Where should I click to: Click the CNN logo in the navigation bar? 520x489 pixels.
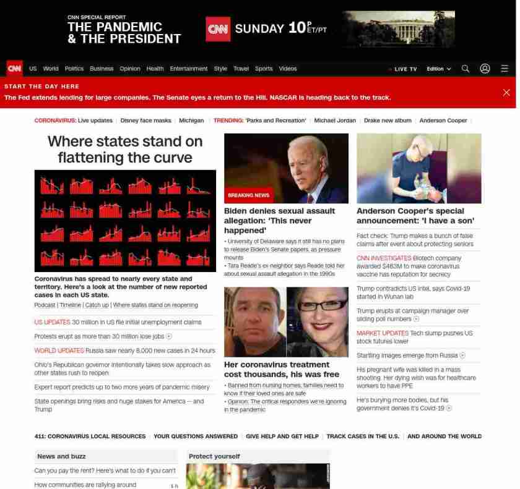[14, 69]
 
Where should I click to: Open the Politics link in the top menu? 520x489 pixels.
[74, 69]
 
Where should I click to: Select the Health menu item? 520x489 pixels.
[155, 69]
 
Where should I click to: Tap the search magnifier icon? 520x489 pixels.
[466, 69]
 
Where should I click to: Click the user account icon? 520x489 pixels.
[485, 69]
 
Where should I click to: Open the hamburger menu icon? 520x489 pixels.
[505, 69]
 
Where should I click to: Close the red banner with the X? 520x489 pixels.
[506, 93]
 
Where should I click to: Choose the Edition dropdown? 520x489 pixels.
[439, 69]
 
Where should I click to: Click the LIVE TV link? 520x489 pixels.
[404, 69]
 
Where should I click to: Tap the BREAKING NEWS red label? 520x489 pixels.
[249, 195]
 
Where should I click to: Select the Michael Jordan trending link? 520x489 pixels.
[335, 121]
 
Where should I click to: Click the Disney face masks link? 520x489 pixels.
[145, 121]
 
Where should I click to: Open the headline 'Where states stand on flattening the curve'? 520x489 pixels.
[125, 149]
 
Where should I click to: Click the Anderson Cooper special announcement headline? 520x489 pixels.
[415, 216]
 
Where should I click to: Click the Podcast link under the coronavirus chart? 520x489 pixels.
[45, 305]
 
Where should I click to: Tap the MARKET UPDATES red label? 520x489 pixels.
[382, 333]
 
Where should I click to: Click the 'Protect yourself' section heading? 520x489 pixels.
[214, 456]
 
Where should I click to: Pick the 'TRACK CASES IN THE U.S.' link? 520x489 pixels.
[363, 436]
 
